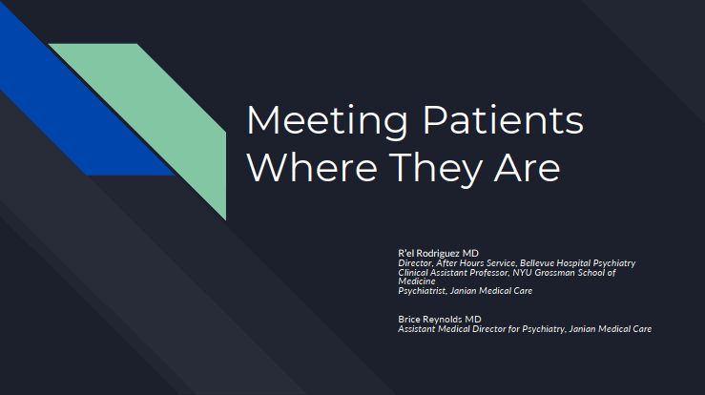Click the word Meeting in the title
point(327,121)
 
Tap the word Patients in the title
point(503,119)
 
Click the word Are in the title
point(528,167)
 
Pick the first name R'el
point(406,253)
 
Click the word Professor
point(488,273)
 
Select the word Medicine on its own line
point(417,281)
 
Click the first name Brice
point(409,320)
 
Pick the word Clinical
point(413,273)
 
